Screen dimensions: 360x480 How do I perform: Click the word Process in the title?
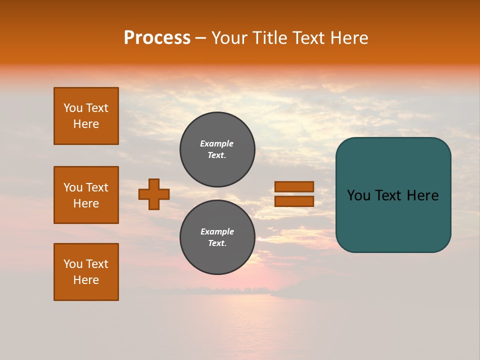coord(157,38)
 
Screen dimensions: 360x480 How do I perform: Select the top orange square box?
coord(86,116)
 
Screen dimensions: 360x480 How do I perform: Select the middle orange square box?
coord(86,195)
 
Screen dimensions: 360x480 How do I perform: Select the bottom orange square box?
coord(86,272)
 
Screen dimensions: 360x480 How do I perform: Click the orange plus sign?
coord(154,194)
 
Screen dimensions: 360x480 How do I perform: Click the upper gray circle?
coord(217,149)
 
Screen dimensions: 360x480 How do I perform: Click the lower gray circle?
coord(217,237)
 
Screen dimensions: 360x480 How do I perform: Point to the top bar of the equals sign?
coord(294,186)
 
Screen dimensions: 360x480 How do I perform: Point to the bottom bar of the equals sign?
coord(294,201)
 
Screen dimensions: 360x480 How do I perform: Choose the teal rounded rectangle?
coord(393,220)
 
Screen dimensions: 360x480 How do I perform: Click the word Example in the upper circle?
coord(217,143)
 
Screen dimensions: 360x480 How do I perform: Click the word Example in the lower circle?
coord(217,231)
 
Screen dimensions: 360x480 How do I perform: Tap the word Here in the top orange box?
coord(86,124)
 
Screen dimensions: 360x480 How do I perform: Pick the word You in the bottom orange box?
coord(73,264)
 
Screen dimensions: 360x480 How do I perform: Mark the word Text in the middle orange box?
coord(97,187)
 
